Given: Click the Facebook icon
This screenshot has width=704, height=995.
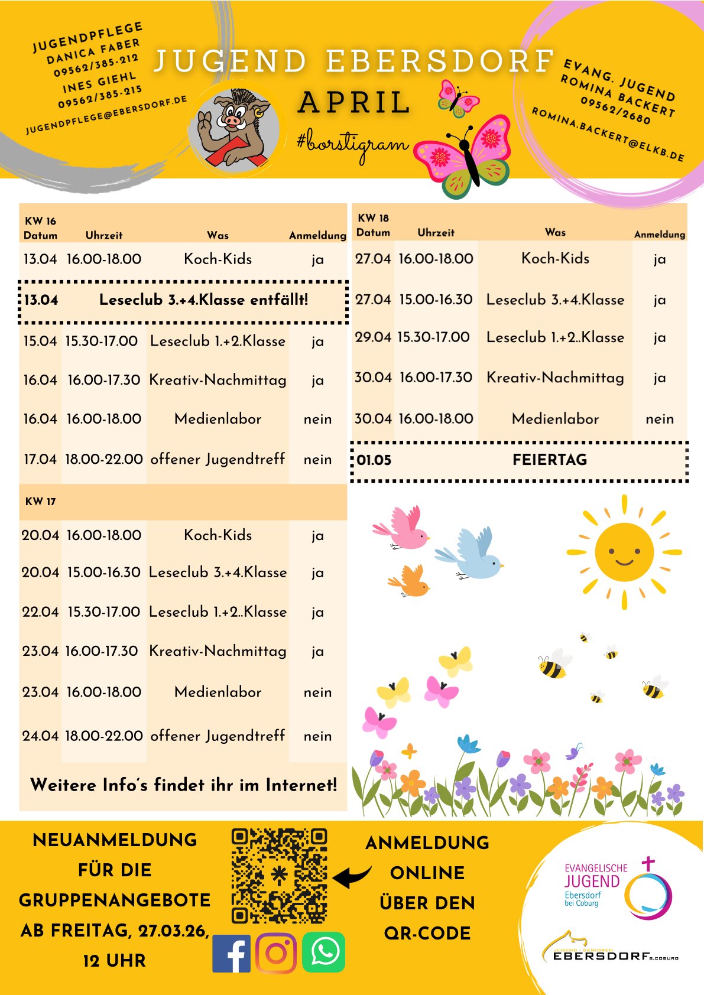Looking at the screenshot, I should (x=232, y=953).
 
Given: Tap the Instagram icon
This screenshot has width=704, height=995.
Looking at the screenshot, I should (x=276, y=953).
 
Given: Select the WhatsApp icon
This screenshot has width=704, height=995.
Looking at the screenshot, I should (x=323, y=952).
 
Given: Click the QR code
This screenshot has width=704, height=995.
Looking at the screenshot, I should (x=279, y=876).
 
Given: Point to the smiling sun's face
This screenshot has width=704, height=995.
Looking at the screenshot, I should (x=624, y=552).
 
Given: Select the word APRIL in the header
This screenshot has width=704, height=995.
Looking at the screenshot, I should (x=355, y=102).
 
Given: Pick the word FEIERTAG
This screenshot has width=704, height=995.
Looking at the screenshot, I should (x=550, y=460).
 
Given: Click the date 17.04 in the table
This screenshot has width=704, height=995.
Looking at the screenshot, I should (x=40, y=459).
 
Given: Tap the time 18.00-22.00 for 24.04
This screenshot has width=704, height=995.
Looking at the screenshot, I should (x=104, y=736).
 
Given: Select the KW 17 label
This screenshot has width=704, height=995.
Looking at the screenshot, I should (x=40, y=502).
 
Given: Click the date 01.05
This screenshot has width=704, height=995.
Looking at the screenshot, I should (x=374, y=460).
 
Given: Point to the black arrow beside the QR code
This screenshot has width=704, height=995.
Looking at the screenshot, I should (x=352, y=877).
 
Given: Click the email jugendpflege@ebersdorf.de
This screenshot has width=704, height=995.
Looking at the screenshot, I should (x=106, y=115).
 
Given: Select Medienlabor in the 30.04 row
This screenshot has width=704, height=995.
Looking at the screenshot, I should (x=555, y=419).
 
